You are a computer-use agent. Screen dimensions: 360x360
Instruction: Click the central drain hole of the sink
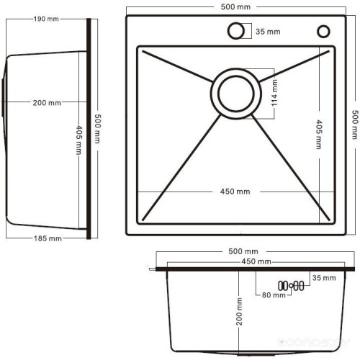(x=233, y=94)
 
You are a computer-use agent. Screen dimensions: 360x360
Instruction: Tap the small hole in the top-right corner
(x=323, y=31)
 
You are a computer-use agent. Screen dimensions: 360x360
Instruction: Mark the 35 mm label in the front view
(x=323, y=277)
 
